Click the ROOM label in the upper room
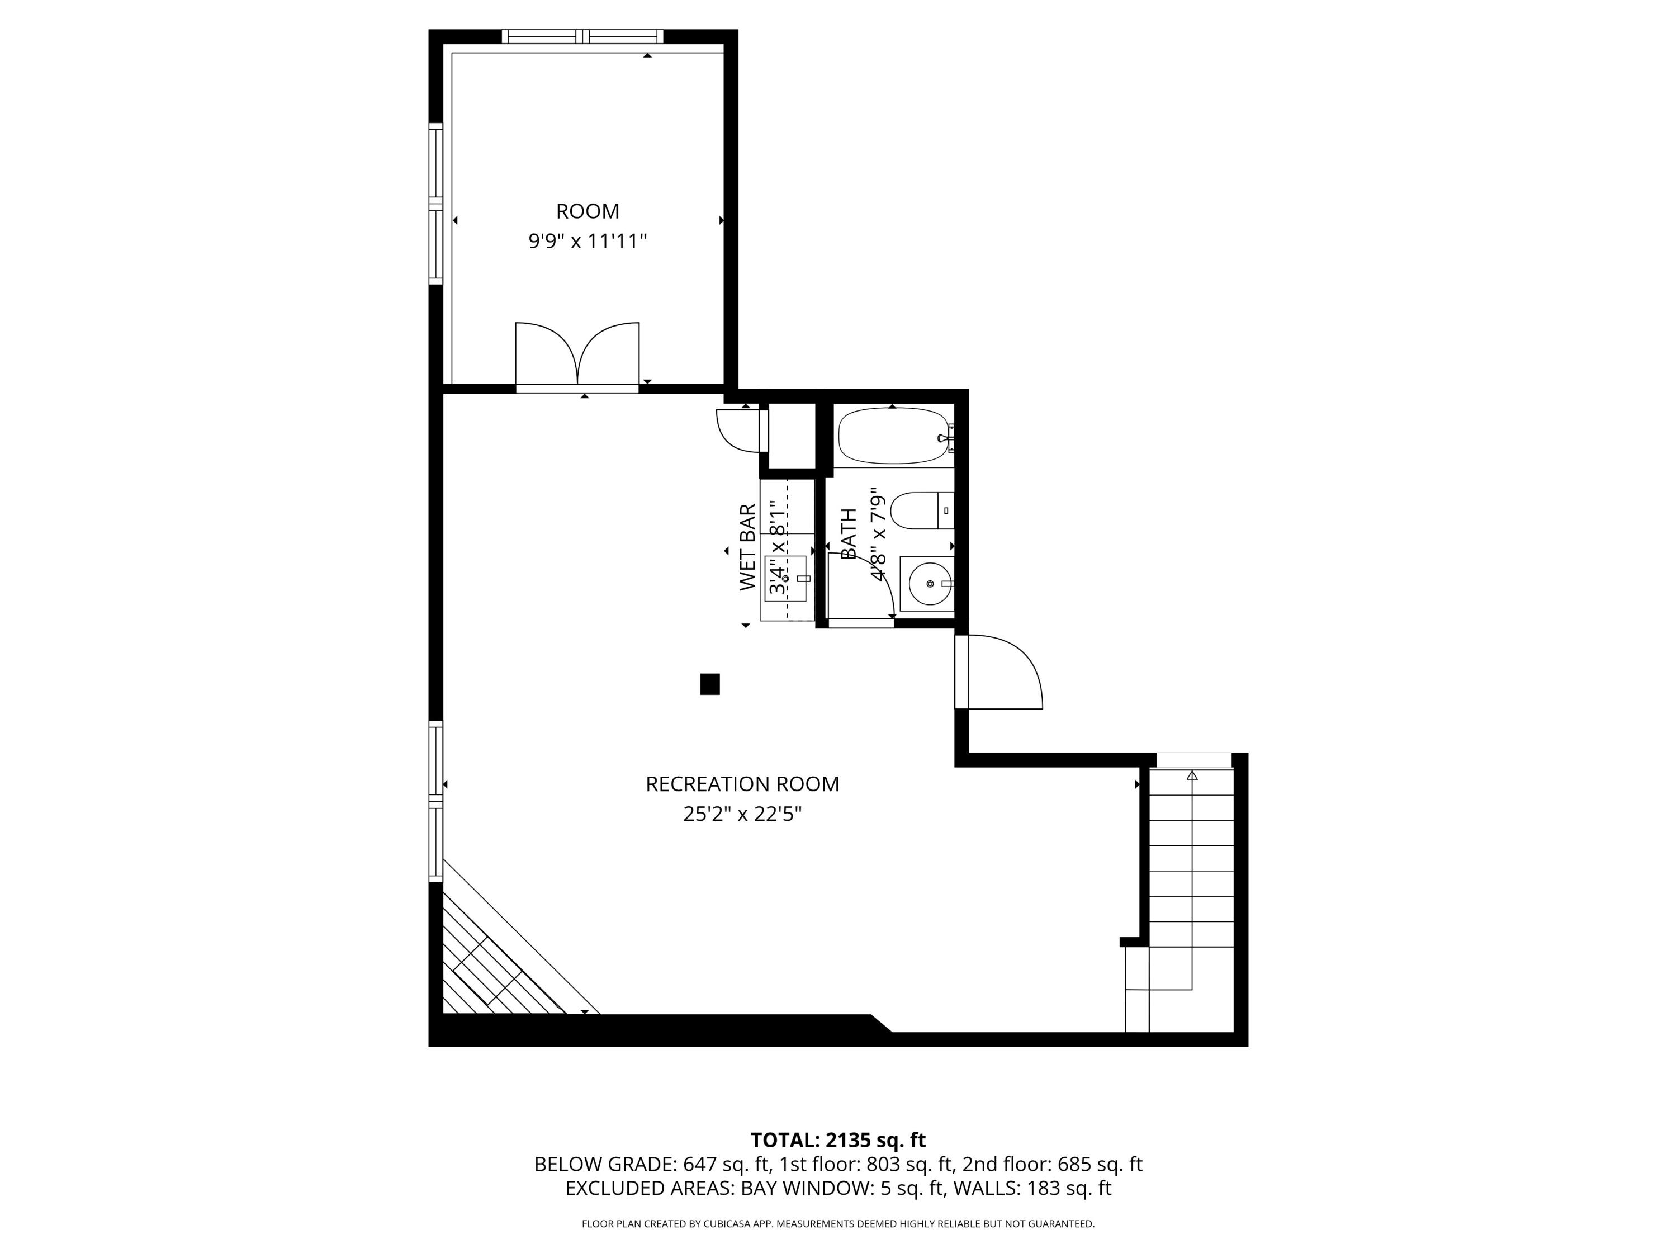(588, 211)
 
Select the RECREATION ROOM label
(742, 784)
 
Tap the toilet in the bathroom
(920, 510)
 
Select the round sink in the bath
(930, 584)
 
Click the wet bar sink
(785, 579)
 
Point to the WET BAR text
(747, 547)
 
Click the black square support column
(709, 684)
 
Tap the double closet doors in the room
(577, 355)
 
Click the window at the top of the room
(582, 36)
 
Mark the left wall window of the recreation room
(436, 801)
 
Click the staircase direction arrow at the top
(1192, 775)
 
